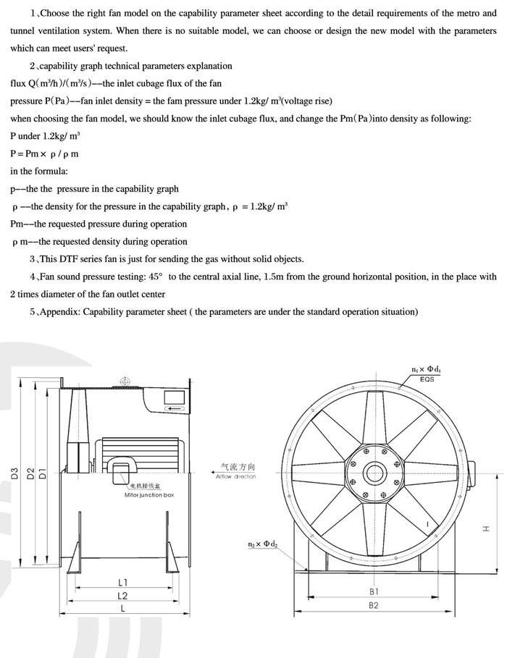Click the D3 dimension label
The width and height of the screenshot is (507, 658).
pos(14,475)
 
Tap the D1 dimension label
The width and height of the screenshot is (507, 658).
pos(43,475)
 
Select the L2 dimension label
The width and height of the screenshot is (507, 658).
pos(122,596)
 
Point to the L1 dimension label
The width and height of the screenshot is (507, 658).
pos(122,582)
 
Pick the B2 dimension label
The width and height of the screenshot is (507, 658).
pos(374,605)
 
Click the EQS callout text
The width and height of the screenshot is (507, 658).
pos(427,379)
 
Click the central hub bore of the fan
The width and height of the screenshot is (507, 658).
pos(374,475)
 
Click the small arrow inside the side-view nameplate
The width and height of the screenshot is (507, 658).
pos(174,409)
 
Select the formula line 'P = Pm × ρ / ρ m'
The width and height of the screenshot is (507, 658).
pos(44,153)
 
